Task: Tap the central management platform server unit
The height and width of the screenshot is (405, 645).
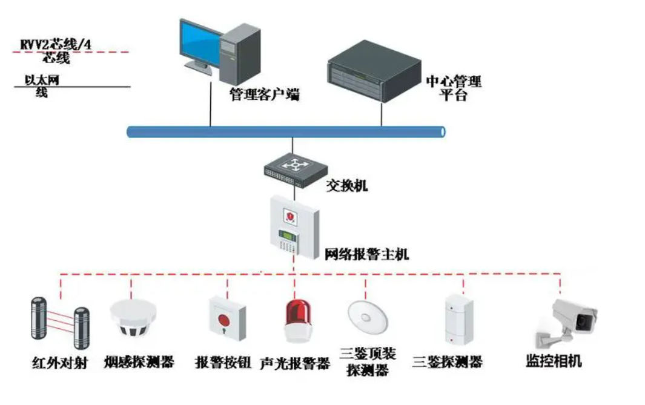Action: point(374,71)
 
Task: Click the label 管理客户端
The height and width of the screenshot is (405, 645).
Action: point(265,94)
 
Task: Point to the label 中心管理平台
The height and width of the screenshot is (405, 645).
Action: point(453,88)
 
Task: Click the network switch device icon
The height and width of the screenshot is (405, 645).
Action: point(296,170)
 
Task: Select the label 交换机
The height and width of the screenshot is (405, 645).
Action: point(347,186)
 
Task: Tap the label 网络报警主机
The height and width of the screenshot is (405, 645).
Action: point(366,254)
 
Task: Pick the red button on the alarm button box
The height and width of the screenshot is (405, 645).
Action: point(223,320)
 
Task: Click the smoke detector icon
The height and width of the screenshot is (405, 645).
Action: point(133,317)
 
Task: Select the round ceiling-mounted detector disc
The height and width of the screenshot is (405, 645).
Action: point(368,317)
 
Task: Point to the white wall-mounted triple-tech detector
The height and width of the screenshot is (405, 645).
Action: point(459,319)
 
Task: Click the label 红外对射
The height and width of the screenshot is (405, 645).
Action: point(59,363)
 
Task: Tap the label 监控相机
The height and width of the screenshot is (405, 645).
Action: point(554,361)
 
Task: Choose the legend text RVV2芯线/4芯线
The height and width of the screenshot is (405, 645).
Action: point(56,51)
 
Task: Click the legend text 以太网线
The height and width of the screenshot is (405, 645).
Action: point(42,86)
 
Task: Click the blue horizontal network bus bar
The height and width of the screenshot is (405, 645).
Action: point(286,131)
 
